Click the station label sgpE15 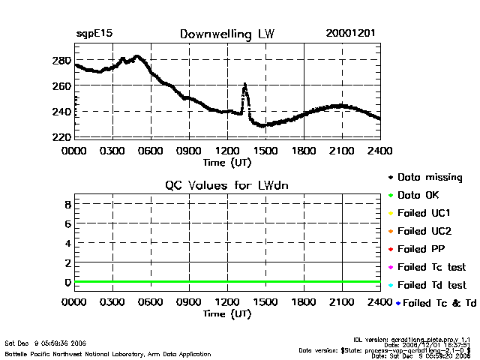click(x=94, y=34)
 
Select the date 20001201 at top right click(x=351, y=34)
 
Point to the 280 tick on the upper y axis click(x=62, y=60)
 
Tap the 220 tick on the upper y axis click(x=62, y=137)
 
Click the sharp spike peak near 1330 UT click(x=244, y=85)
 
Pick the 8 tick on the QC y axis click(x=67, y=204)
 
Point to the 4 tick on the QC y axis click(x=67, y=243)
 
